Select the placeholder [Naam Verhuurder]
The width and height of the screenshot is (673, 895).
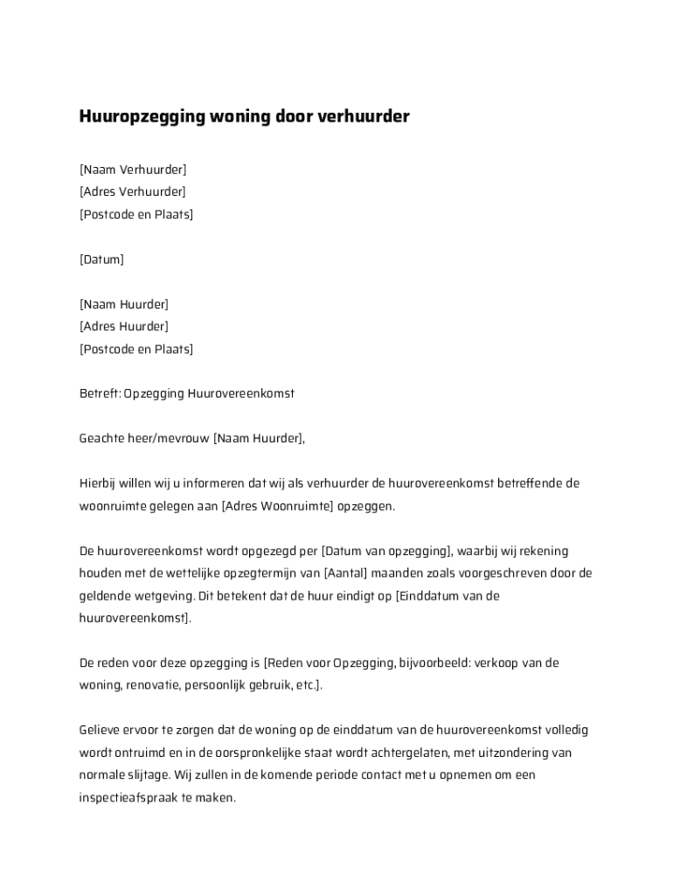click(133, 170)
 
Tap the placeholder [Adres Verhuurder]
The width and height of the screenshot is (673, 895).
click(133, 192)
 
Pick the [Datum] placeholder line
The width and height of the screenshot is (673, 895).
click(101, 260)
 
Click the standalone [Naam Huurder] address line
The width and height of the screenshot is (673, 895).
click(124, 304)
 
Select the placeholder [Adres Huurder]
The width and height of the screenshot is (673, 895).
click(124, 327)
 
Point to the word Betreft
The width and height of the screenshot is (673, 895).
click(99, 394)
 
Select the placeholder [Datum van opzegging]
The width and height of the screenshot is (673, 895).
click(385, 552)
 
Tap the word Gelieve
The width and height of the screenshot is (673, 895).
click(101, 730)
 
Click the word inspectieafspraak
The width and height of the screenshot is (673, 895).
click(131, 798)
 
